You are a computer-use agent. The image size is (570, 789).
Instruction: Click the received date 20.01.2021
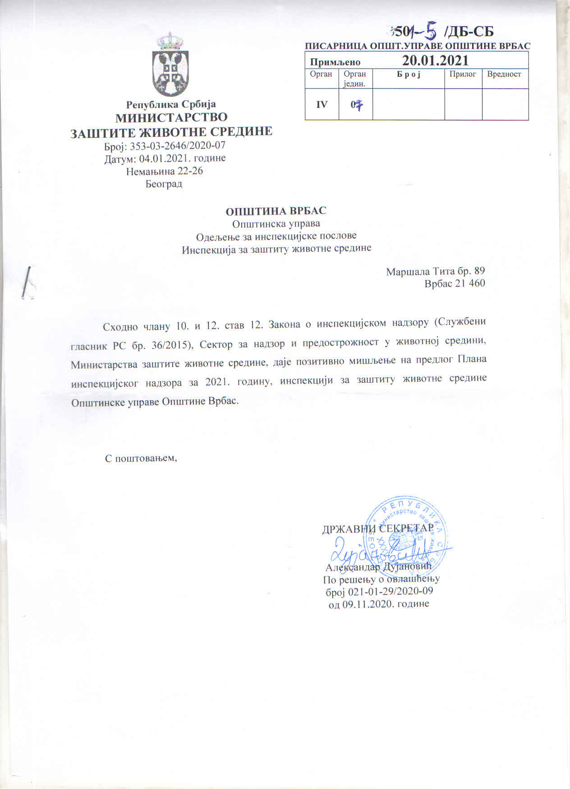tap(435, 60)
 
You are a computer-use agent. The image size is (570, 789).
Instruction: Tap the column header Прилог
tap(463, 74)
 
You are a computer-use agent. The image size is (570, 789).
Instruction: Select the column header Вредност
tap(504, 74)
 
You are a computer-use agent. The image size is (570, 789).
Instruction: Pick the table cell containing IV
tap(322, 104)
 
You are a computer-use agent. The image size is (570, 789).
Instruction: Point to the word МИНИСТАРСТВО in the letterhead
tap(172, 118)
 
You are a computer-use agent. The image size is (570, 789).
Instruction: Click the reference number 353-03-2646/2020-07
tap(178, 145)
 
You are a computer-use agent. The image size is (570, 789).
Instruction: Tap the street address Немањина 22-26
tap(165, 171)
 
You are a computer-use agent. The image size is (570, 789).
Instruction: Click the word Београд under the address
tap(164, 184)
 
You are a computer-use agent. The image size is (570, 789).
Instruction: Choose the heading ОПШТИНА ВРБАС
tap(276, 211)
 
